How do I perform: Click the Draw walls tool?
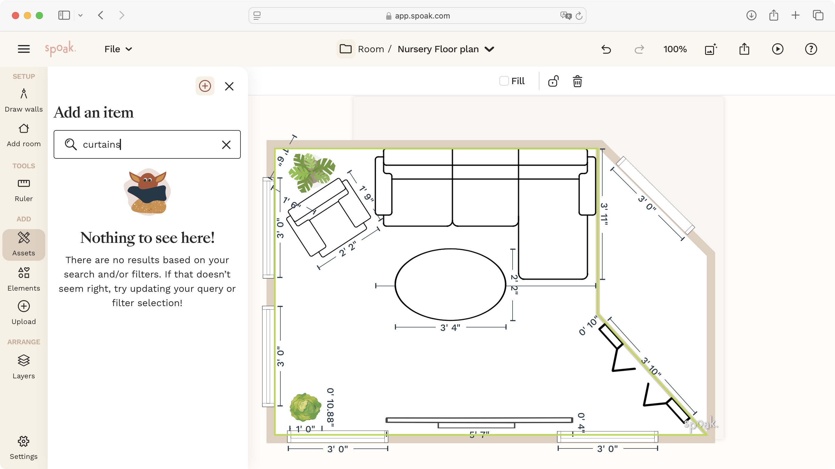click(24, 100)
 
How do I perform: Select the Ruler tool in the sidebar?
click(24, 190)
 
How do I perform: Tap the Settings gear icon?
click(24, 442)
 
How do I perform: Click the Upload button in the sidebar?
click(24, 312)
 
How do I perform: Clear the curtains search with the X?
click(226, 144)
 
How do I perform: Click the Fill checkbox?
click(504, 81)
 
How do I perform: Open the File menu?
click(118, 49)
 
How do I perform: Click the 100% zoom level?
click(675, 49)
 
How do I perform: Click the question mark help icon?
click(811, 49)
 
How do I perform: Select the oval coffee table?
click(450, 284)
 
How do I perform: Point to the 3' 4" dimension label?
click(450, 328)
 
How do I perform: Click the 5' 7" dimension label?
click(479, 434)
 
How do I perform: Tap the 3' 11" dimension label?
click(604, 214)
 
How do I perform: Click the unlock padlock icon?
click(553, 81)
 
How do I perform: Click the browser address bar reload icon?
click(579, 16)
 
